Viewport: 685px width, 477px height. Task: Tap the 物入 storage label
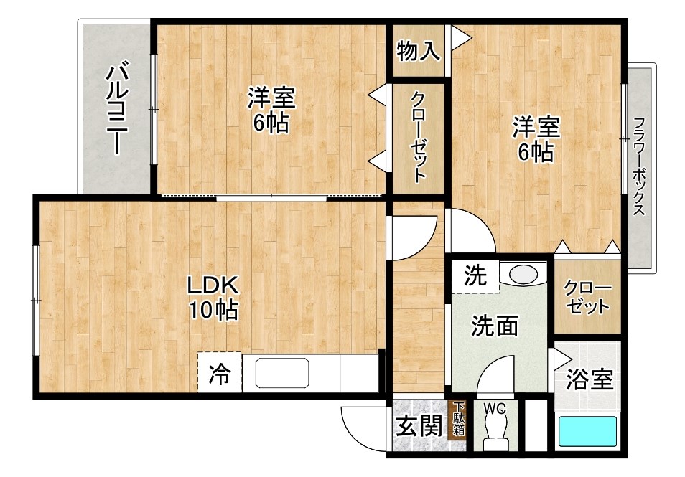418,51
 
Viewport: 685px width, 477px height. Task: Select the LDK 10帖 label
213,297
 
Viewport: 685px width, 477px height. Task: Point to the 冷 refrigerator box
220,373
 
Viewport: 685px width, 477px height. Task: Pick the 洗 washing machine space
473,275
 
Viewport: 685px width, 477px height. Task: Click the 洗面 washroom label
495,326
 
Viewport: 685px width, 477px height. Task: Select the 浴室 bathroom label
590,379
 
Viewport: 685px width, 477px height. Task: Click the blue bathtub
588,432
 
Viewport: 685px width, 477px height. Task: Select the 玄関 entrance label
419,428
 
